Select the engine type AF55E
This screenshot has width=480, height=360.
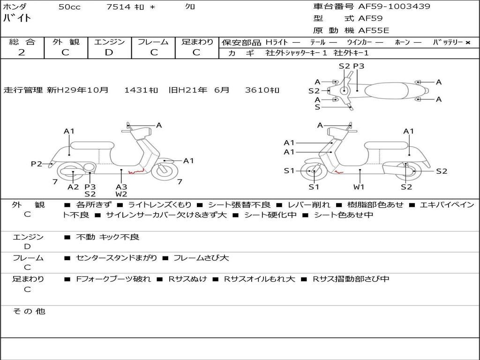coord(374,31)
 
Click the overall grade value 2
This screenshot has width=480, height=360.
coord(22,52)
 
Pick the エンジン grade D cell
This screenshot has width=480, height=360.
coord(109,52)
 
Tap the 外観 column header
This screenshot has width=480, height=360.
coord(66,42)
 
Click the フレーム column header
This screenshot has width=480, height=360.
coord(153,42)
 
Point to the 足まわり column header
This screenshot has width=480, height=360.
coord(197,42)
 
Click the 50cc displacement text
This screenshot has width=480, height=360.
coord(69,7)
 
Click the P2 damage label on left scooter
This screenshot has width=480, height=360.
coord(36,164)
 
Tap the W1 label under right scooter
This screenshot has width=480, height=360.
coord(359,187)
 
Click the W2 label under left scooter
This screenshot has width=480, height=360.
coord(121,194)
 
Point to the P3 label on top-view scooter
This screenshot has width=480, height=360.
coord(359,66)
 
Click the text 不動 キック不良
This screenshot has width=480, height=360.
coord(108,237)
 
